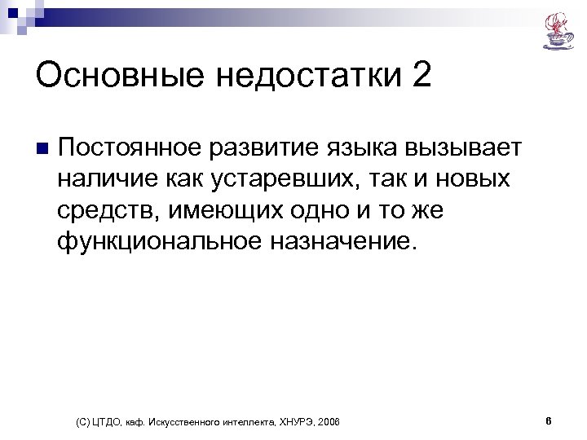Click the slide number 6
(549, 421)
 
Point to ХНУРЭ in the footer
(292, 422)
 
